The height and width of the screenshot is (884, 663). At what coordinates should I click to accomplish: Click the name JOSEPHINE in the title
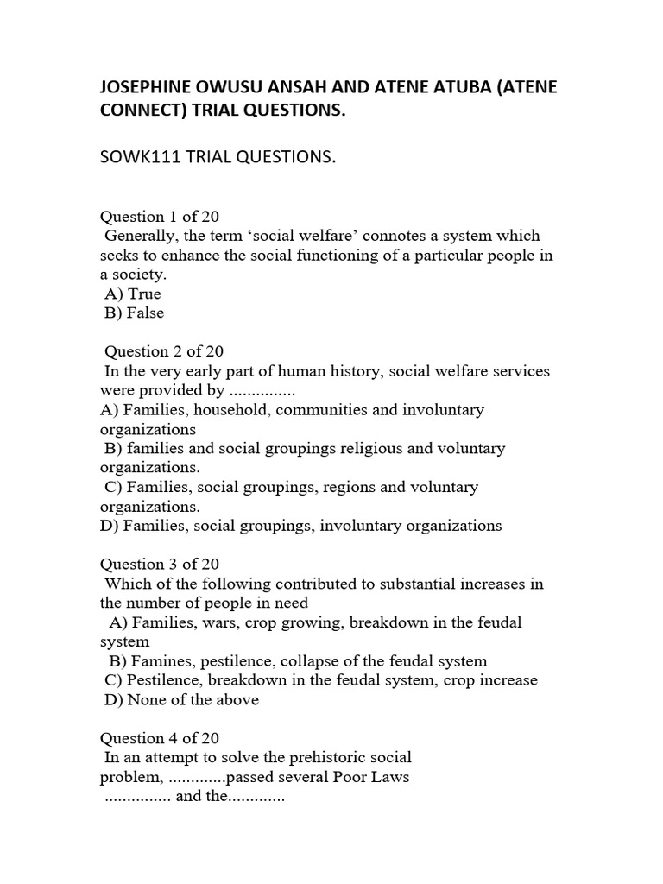click(x=148, y=89)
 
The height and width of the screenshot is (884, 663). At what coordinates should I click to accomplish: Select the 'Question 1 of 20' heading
click(x=160, y=216)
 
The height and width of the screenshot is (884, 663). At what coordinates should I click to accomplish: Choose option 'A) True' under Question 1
click(x=133, y=294)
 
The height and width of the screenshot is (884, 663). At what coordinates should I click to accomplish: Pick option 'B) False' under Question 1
click(x=134, y=313)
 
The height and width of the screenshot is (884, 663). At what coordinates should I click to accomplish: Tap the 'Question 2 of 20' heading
click(x=164, y=350)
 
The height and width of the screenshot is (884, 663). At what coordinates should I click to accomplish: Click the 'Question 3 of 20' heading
click(x=160, y=564)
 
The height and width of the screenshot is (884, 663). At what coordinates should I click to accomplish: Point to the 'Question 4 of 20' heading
click(x=160, y=738)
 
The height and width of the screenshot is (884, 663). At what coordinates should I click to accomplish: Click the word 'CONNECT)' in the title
click(x=143, y=114)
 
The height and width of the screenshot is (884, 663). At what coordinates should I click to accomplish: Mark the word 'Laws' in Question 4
click(x=391, y=776)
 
